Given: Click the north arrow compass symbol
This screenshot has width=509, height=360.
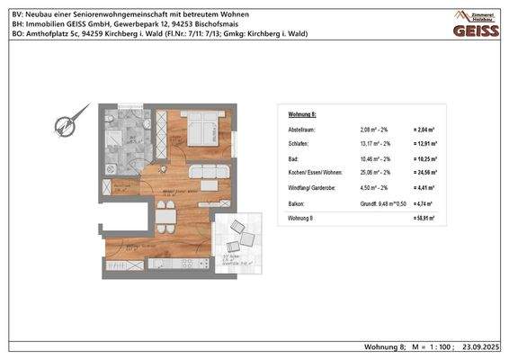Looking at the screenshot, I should click(65, 125).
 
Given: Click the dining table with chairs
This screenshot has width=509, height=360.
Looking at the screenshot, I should click(165, 214).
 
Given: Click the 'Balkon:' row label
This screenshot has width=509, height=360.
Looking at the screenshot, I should click(297, 202).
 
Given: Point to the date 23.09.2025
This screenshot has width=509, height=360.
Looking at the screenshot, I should click(483, 346).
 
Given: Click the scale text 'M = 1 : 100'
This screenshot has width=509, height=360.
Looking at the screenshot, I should click(433, 346).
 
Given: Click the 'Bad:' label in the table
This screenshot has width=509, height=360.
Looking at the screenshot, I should click(293, 157).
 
